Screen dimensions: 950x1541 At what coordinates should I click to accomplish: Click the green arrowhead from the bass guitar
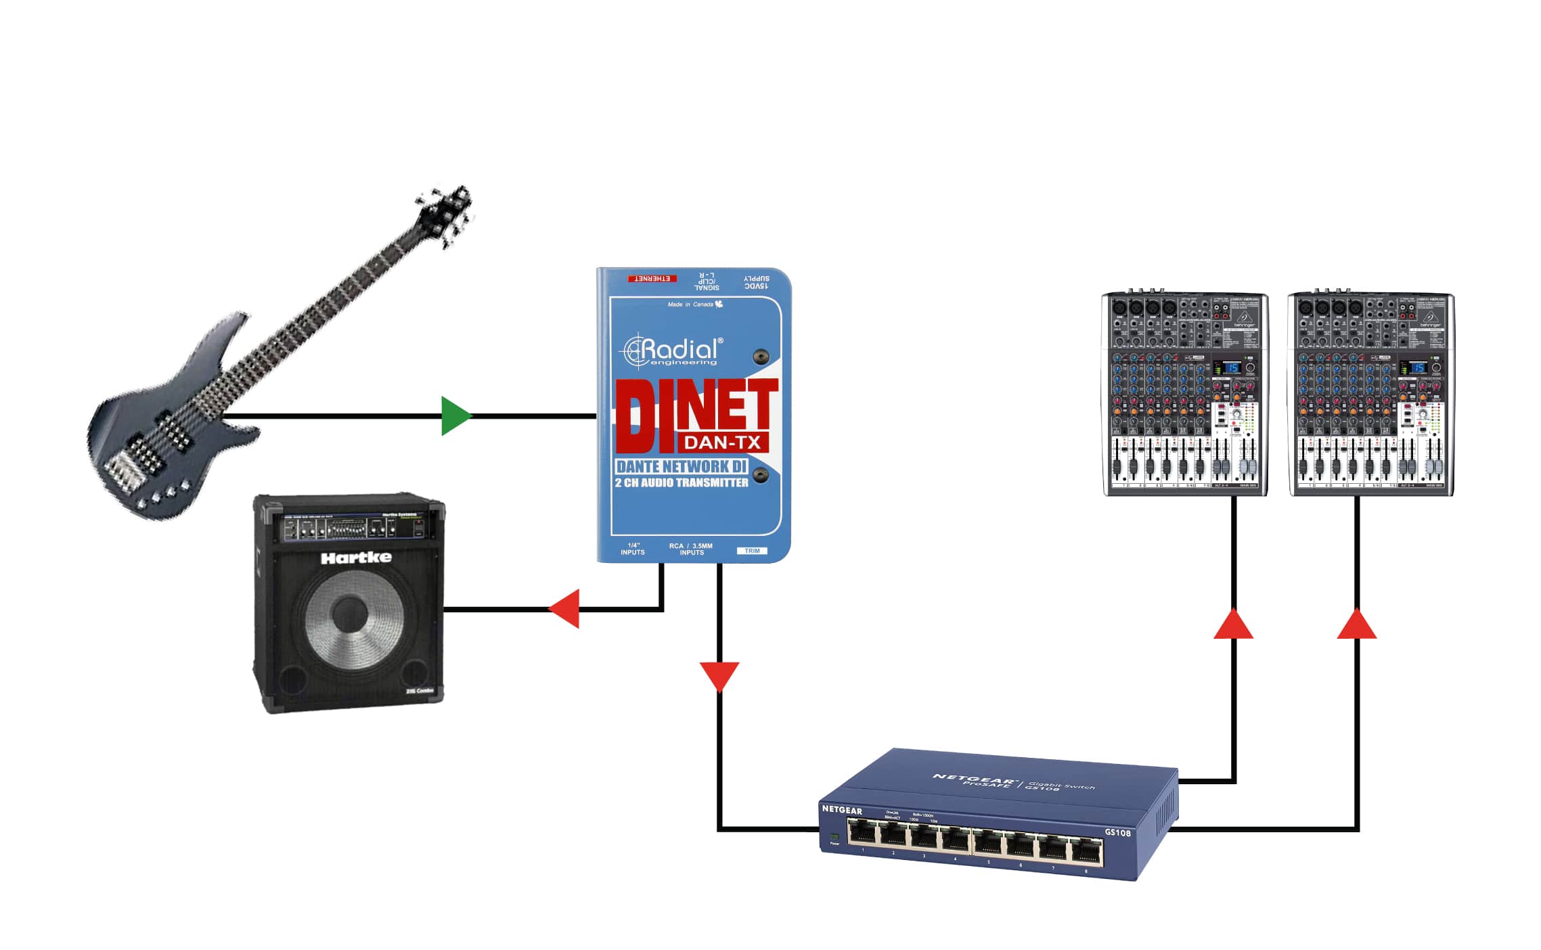click(x=455, y=415)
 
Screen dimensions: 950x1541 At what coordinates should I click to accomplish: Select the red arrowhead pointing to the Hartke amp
click(x=564, y=608)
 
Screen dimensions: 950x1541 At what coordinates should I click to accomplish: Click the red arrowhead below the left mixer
click(x=1233, y=625)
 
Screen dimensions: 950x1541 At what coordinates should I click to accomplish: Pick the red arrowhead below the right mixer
click(x=1356, y=625)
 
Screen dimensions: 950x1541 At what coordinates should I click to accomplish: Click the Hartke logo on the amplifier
click(x=356, y=558)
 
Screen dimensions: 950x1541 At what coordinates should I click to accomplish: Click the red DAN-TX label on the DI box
click(x=723, y=443)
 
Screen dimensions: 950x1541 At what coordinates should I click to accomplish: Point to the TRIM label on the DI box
click(x=752, y=551)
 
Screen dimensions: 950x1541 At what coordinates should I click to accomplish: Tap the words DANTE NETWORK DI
click(x=681, y=466)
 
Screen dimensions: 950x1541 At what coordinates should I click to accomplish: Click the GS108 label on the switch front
click(x=1117, y=832)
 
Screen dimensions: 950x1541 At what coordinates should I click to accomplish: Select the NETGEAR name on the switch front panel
click(x=842, y=810)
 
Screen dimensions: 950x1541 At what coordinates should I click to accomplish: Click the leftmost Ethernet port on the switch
click(x=862, y=832)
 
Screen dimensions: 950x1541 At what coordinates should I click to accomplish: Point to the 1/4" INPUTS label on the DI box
click(x=633, y=549)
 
